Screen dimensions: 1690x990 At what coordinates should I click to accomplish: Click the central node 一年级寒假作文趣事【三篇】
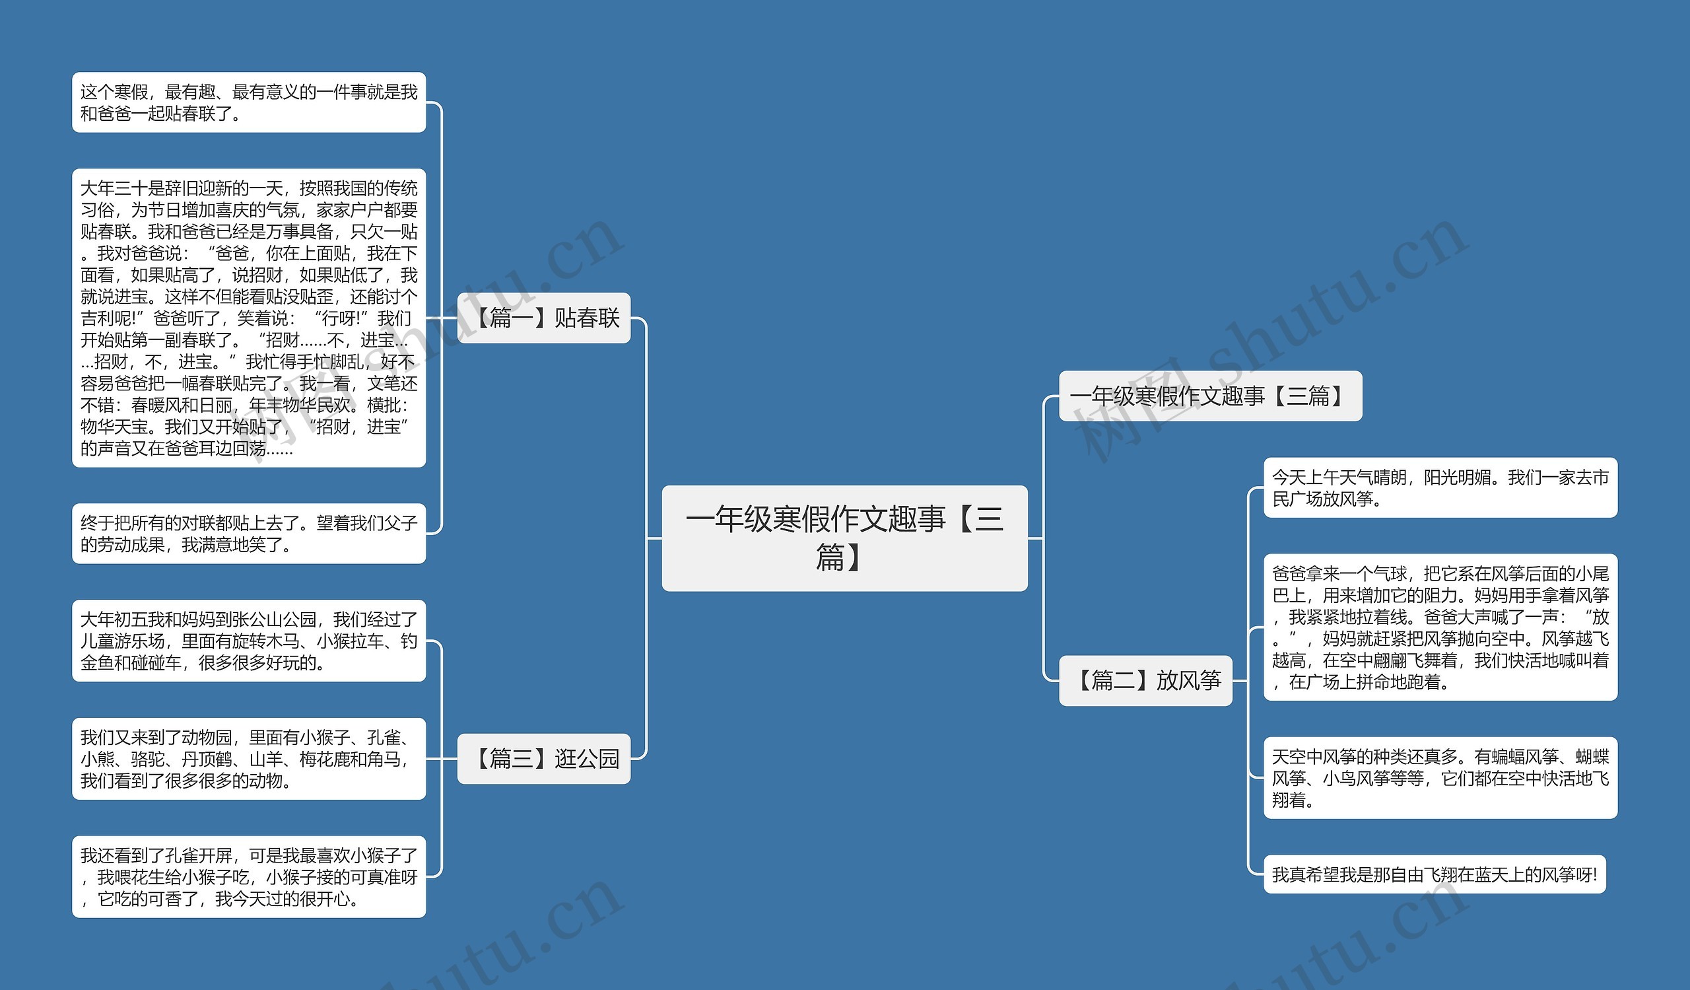click(x=844, y=538)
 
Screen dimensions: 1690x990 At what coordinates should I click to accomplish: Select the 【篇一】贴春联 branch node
click(x=543, y=318)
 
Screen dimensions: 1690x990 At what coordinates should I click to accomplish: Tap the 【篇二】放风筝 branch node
click(x=1145, y=680)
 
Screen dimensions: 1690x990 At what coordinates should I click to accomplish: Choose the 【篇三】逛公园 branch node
click(x=543, y=759)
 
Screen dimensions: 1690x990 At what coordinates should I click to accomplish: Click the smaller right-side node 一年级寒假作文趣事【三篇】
click(x=1210, y=396)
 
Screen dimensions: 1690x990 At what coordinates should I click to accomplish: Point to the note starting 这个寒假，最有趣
click(x=249, y=102)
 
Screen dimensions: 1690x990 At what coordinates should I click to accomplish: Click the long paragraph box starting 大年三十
click(x=249, y=318)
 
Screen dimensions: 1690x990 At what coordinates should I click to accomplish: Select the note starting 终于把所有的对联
click(x=249, y=533)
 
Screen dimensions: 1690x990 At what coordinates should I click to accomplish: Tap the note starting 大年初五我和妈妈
click(x=249, y=641)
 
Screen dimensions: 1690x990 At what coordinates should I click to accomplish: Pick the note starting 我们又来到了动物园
click(x=249, y=759)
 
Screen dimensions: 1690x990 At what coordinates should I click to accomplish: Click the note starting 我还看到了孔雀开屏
click(x=249, y=876)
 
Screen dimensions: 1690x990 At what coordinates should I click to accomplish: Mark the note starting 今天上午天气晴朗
click(x=1440, y=487)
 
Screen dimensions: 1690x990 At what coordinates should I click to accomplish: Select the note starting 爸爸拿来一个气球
click(x=1440, y=627)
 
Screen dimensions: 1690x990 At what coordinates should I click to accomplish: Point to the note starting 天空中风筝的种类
click(x=1440, y=778)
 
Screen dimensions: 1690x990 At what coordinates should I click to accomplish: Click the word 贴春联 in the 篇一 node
click(x=587, y=318)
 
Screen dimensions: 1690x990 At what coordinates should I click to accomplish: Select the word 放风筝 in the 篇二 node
click(x=1188, y=680)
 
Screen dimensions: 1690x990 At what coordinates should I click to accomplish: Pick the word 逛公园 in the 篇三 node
click(x=587, y=759)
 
